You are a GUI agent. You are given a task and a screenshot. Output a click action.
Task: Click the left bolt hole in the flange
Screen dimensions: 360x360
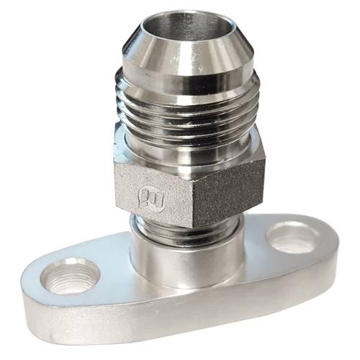(x=69, y=276)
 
